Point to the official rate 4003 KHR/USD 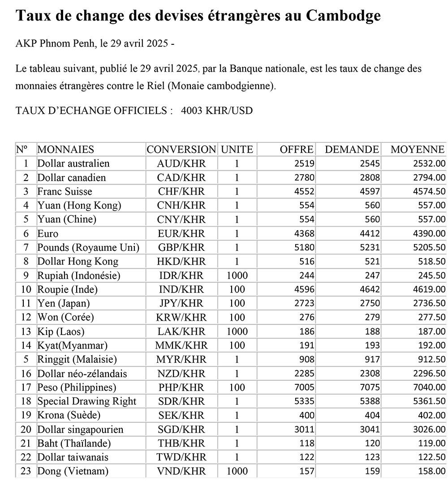[x=217, y=111]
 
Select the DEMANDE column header [x=352, y=150]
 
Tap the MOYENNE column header [x=418, y=150]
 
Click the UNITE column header [x=237, y=150]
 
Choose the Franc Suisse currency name [x=65, y=191]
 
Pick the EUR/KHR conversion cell [x=181, y=233]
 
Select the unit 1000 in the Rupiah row [x=237, y=275]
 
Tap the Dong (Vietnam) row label [x=73, y=471]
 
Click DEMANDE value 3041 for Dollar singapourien [x=371, y=430]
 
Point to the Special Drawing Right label [x=86, y=401]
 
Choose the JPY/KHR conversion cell [x=181, y=304]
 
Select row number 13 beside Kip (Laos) [x=26, y=331]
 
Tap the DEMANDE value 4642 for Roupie [x=371, y=290]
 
